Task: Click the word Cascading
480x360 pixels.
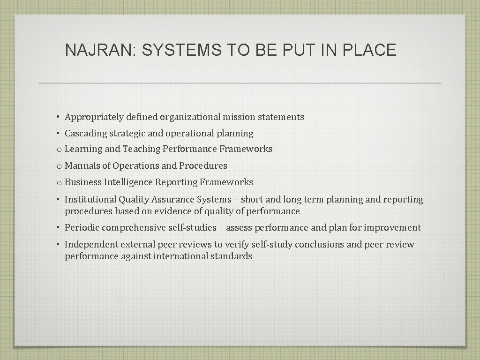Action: (x=86, y=134)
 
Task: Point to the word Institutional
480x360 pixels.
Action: (x=90, y=200)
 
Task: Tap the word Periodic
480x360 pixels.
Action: (x=82, y=228)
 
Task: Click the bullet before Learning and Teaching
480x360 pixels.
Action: (x=59, y=150)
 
